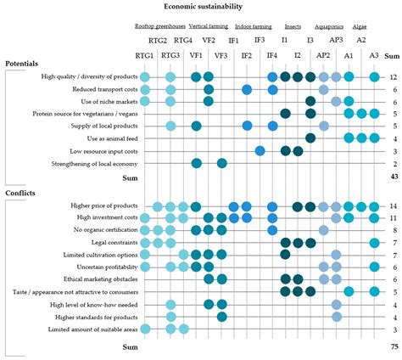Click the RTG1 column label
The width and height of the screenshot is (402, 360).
point(145,54)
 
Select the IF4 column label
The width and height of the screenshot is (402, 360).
point(271,54)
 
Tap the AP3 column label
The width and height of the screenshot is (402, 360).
point(336,40)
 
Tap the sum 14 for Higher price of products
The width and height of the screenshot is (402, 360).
point(393,206)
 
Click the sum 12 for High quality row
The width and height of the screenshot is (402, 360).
point(393,78)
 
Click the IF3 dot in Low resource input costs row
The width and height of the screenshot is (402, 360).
point(260,151)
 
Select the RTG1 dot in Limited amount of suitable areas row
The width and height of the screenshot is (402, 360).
point(145,329)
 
